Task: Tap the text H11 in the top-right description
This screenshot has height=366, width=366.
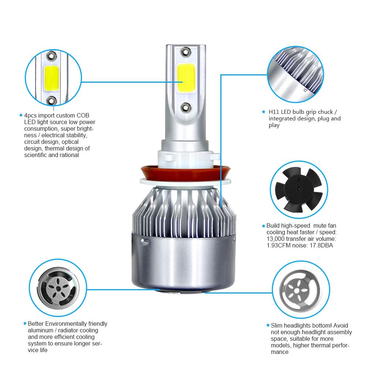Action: click(x=274, y=112)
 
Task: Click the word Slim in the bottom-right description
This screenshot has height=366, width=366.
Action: click(x=277, y=325)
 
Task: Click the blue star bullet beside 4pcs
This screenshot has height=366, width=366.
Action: click(x=21, y=115)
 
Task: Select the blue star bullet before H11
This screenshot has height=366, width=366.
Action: click(x=263, y=112)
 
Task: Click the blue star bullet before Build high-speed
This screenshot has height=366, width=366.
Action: click(x=264, y=226)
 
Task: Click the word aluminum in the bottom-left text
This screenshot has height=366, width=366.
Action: click(x=41, y=330)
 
